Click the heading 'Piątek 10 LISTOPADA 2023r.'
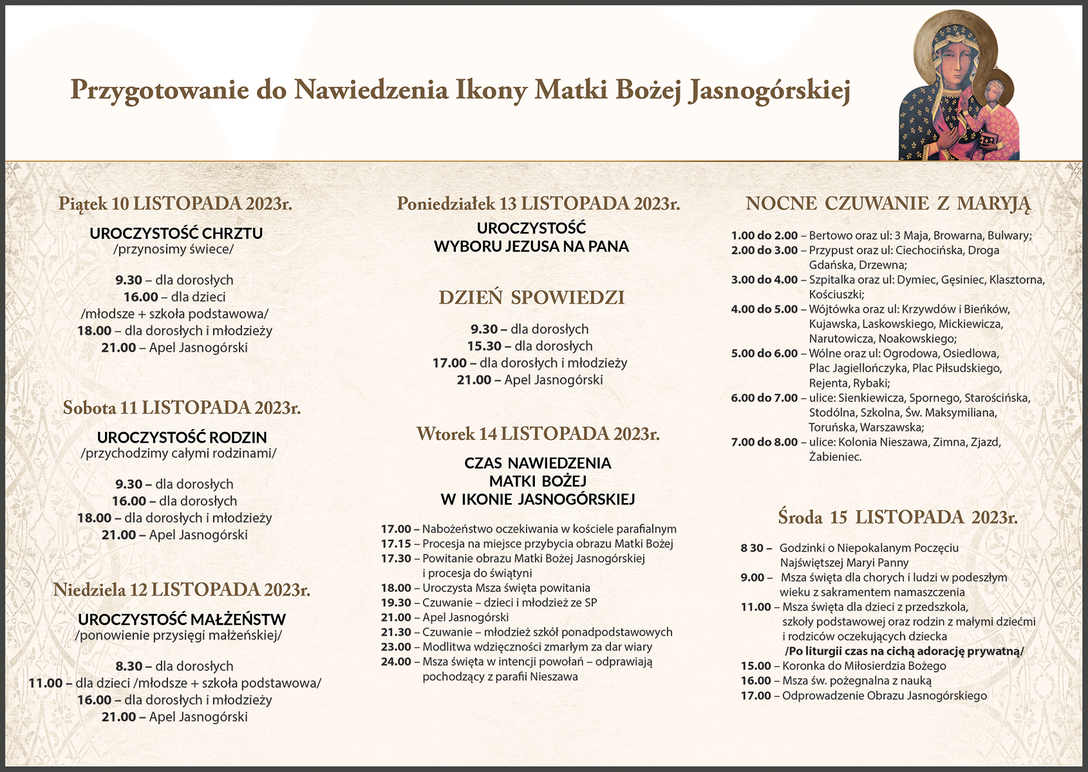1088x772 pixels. click(175, 204)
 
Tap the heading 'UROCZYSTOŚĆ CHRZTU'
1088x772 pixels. click(176, 233)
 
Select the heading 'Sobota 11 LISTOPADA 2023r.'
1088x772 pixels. click(182, 408)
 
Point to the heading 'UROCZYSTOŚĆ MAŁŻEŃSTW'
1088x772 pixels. click(182, 620)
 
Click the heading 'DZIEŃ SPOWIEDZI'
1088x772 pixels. click(532, 298)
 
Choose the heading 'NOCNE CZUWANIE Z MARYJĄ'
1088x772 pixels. click(888, 204)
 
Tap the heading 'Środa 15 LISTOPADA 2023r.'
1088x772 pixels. click(897, 517)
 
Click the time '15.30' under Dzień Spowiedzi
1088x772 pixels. click(484, 346)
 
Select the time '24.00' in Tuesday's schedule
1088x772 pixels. click(396, 661)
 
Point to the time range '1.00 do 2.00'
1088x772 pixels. click(764, 235)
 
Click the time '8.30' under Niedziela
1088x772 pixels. click(129, 666)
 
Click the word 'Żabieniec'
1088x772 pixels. click(834, 457)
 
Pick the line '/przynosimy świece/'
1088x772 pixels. click(173, 250)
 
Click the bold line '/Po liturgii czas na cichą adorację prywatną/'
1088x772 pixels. click(904, 651)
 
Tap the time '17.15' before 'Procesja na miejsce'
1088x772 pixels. click(396, 544)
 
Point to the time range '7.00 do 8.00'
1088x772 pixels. click(764, 443)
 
